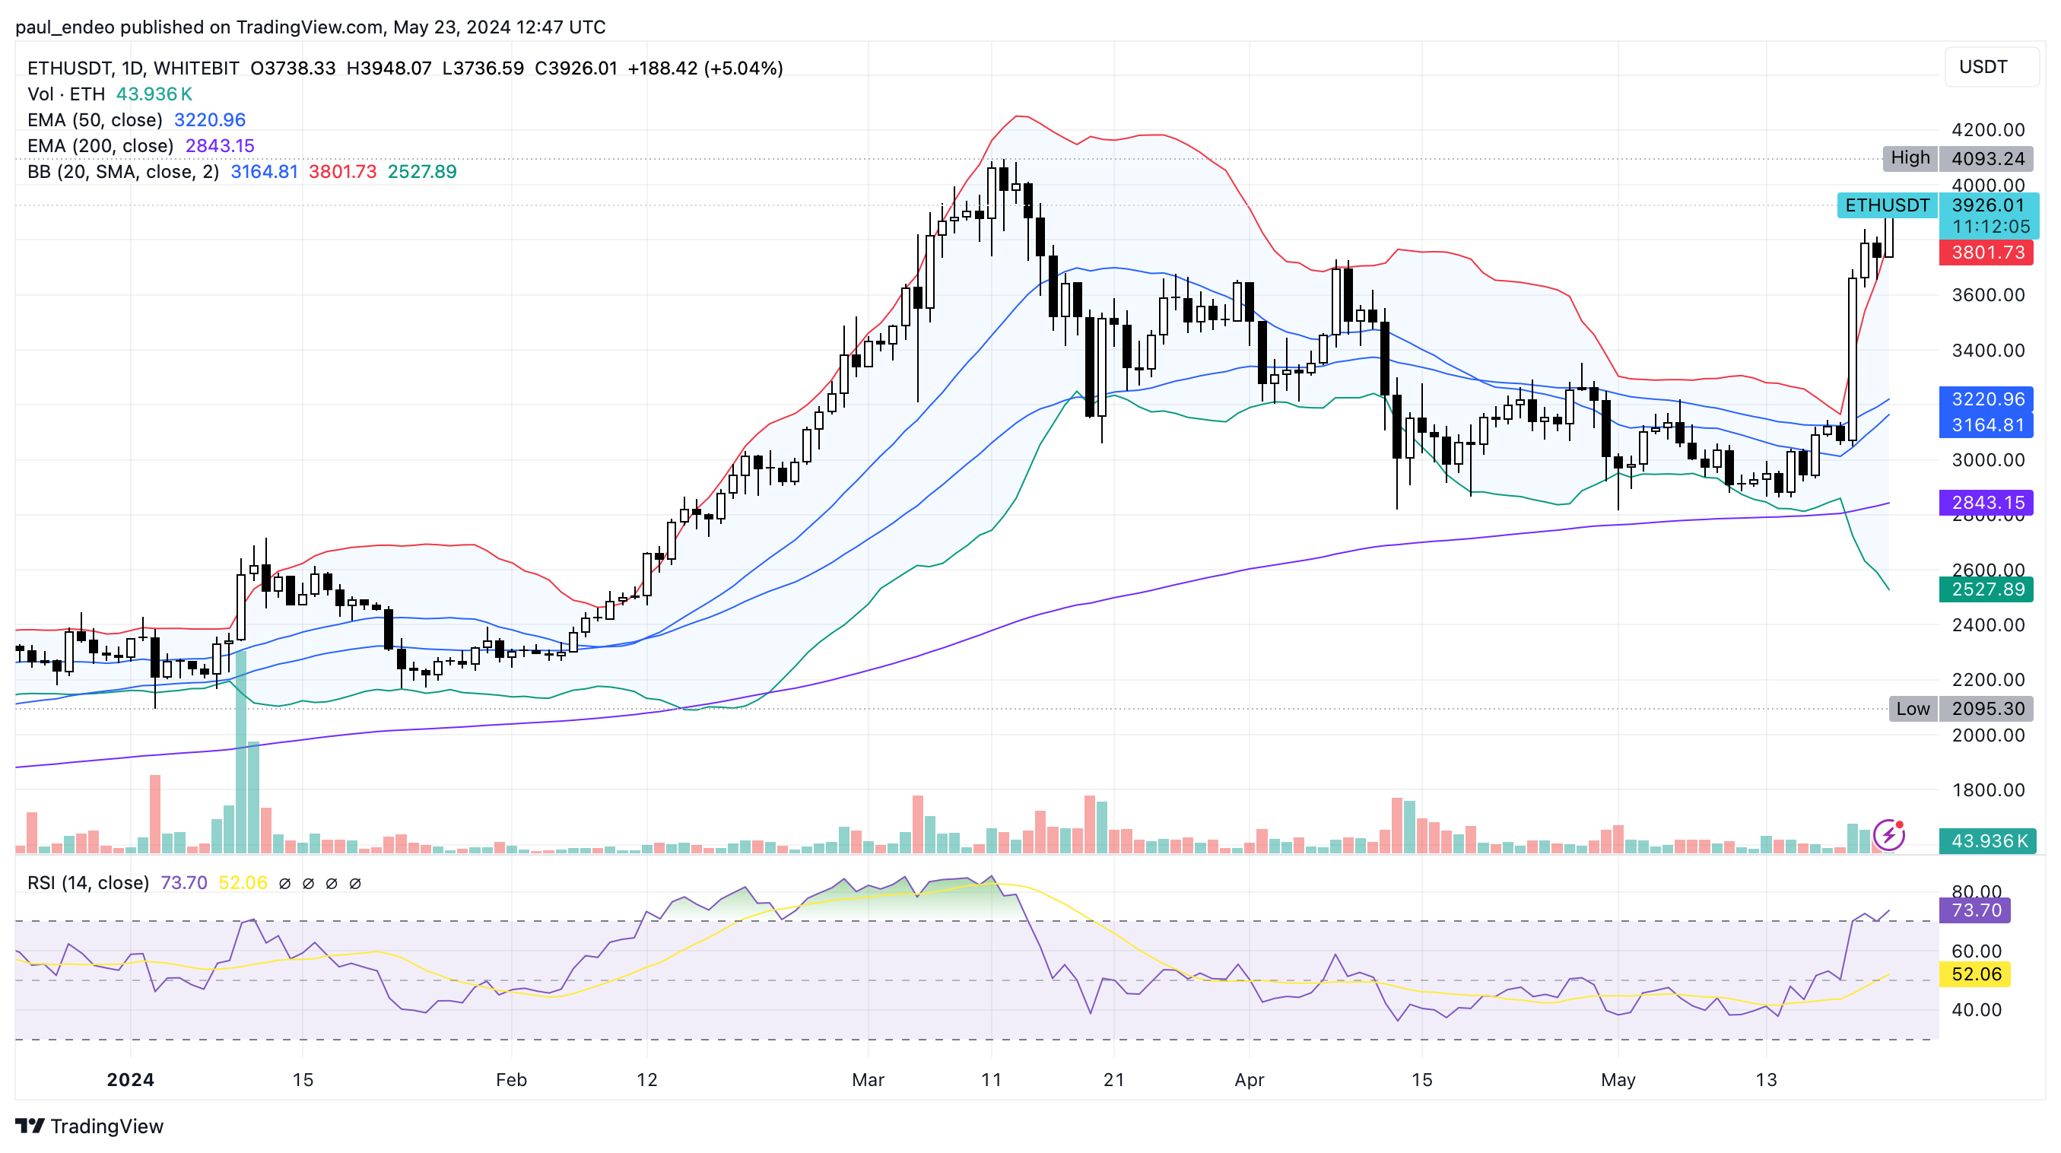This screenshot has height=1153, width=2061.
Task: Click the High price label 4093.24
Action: pyautogui.click(x=1986, y=158)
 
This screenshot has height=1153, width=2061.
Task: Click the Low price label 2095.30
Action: pyautogui.click(x=1986, y=708)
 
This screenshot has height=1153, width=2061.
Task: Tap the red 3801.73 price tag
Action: pyautogui.click(x=1986, y=253)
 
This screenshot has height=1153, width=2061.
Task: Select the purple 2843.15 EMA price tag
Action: pyautogui.click(x=1986, y=503)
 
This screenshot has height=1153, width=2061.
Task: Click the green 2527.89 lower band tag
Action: pyautogui.click(x=1986, y=589)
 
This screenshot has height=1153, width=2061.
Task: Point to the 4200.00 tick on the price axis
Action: pyautogui.click(x=1986, y=129)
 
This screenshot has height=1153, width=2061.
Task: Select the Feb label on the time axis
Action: pyautogui.click(x=511, y=1079)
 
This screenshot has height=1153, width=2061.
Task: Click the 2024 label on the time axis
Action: pyautogui.click(x=130, y=1079)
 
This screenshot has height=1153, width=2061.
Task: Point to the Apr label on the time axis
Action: pyautogui.click(x=1249, y=1079)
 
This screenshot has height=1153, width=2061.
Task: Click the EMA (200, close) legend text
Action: pyautogui.click(x=100, y=145)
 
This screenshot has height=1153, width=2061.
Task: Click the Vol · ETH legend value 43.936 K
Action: pyautogui.click(x=154, y=94)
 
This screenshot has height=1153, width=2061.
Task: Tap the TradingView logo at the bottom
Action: pyautogui.click(x=90, y=1126)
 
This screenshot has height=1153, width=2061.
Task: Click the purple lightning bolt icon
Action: pyautogui.click(x=1889, y=834)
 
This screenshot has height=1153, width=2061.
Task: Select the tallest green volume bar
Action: pyautogui.click(x=241, y=752)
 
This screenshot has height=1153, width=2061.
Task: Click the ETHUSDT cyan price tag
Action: pyautogui.click(x=1887, y=205)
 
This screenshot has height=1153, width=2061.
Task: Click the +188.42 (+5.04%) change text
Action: pyautogui.click(x=705, y=68)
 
